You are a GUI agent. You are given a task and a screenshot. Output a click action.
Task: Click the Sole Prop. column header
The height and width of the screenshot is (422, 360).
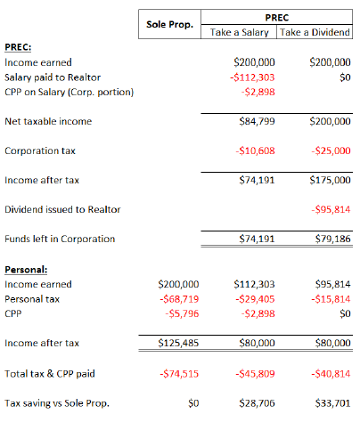pyautogui.click(x=169, y=23)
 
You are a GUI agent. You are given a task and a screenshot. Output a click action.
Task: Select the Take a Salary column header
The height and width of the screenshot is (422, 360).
pyautogui.click(x=239, y=33)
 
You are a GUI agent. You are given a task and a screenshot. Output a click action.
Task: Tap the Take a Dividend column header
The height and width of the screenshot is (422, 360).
pyautogui.click(x=315, y=33)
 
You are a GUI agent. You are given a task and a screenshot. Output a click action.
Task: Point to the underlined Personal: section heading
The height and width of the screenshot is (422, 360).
pyautogui.click(x=26, y=268)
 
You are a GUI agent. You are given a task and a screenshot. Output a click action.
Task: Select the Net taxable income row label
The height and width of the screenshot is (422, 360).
pyautogui.click(x=48, y=121)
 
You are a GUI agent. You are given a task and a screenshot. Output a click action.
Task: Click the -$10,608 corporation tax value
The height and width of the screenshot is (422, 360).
pyautogui.click(x=253, y=150)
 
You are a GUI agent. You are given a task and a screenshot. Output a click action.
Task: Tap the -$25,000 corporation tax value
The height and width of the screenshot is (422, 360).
pyautogui.click(x=328, y=150)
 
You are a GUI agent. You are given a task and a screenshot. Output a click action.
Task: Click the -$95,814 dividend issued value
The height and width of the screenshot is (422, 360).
pyautogui.click(x=328, y=209)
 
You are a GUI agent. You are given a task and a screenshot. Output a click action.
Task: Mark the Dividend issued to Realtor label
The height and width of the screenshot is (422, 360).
pyautogui.click(x=62, y=209)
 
